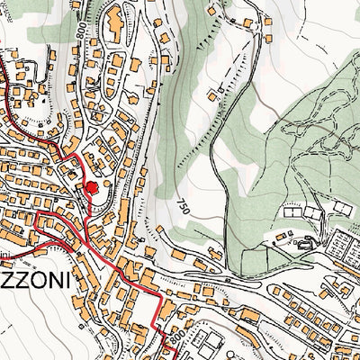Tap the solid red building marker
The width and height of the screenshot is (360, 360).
90,187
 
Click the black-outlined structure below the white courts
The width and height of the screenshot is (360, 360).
307,240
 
